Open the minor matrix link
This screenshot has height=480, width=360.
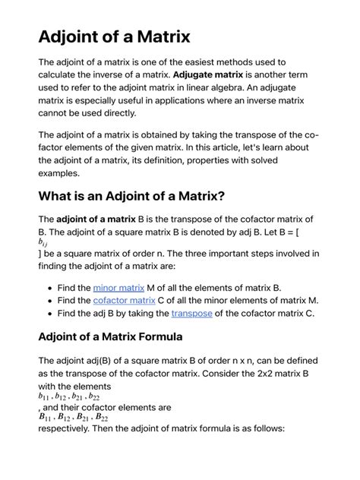[118, 288]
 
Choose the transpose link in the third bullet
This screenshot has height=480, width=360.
[191, 313]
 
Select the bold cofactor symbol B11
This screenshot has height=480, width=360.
[48, 416]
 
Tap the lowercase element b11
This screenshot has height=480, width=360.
[47, 396]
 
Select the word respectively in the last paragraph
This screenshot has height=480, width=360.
[68, 428]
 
